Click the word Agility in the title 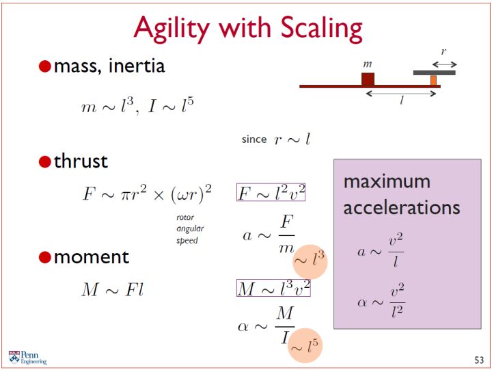(x=172, y=29)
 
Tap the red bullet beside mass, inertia (x=45, y=66)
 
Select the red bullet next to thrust (x=45, y=162)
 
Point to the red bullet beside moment (x=45, y=257)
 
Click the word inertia (x=136, y=66)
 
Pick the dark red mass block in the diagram (x=368, y=79)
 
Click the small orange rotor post (x=433, y=81)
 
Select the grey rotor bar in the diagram (x=435, y=73)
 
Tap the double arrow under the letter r (x=444, y=65)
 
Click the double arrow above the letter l (x=401, y=93)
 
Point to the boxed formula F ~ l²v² (x=271, y=192)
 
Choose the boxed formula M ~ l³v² (x=273, y=288)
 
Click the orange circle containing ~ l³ (x=310, y=262)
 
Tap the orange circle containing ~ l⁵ (x=305, y=345)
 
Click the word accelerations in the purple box (x=402, y=208)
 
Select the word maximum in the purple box (x=387, y=181)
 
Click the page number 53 (x=479, y=360)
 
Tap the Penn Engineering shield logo (x=14, y=357)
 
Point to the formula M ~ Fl (x=113, y=289)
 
